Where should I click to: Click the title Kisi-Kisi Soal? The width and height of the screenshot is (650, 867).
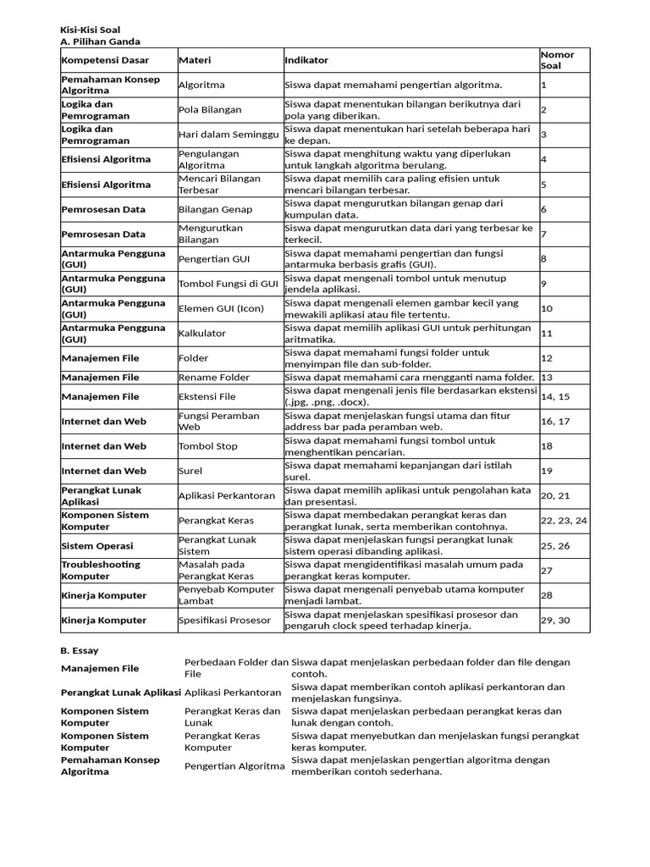91,30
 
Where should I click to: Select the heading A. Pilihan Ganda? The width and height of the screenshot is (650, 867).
101,41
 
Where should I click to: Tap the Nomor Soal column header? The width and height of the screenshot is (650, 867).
558,60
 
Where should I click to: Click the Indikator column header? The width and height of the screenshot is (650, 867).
306,61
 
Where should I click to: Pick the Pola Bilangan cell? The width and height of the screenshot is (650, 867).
210,110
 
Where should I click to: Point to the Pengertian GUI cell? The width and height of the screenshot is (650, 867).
214,259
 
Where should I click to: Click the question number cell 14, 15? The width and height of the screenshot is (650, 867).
555,396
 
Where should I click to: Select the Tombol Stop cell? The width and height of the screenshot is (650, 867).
207,446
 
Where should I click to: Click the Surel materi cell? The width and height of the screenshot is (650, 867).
191,471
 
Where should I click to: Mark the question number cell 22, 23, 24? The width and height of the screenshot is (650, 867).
564,521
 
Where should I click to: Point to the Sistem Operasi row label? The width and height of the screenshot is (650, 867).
97,546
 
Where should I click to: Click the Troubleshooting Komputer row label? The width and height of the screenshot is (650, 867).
102,571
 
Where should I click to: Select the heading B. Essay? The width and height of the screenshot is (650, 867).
80,651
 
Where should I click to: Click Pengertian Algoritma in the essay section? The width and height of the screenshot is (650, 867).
235,766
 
